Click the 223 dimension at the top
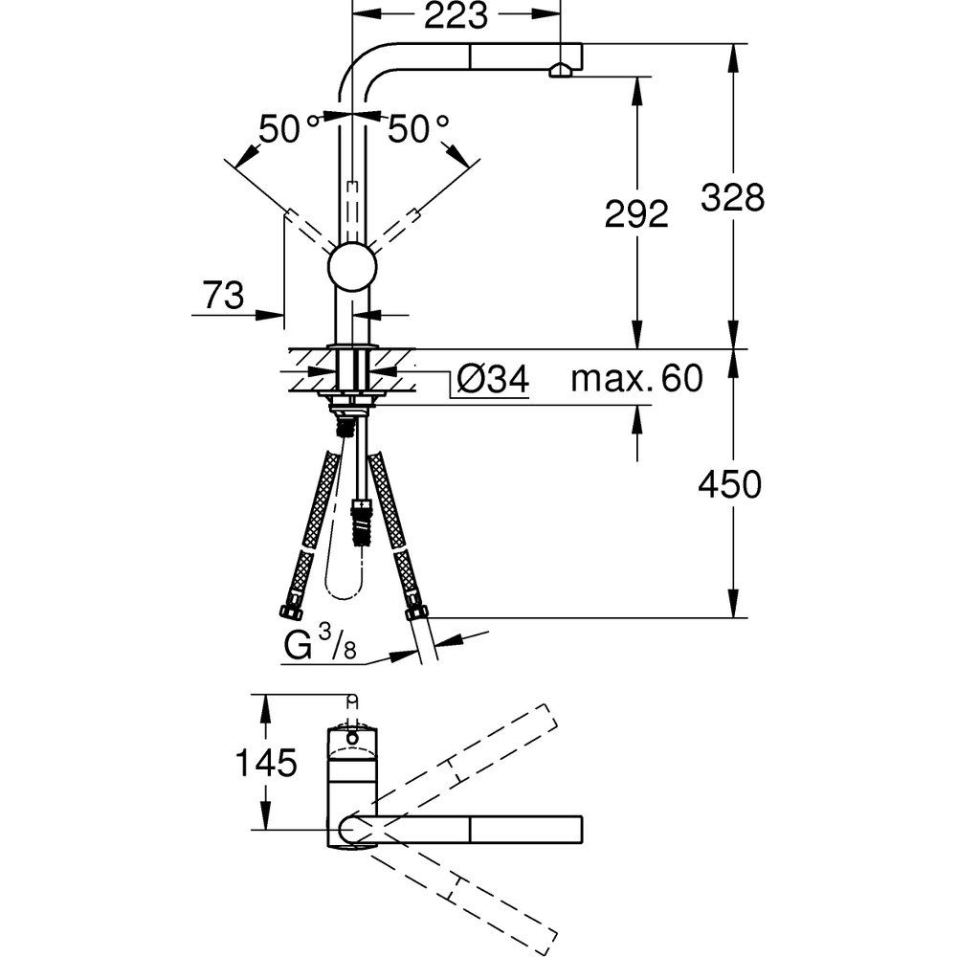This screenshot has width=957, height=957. tap(456, 15)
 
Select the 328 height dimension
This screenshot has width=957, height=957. tap(732, 197)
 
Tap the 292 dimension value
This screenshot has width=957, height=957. tap(636, 214)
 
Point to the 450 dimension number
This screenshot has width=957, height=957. tap(730, 484)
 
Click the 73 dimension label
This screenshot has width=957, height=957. tap(223, 296)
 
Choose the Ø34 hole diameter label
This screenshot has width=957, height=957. tap(493, 380)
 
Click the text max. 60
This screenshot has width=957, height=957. tap(636, 378)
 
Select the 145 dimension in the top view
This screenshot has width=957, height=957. tap(266, 763)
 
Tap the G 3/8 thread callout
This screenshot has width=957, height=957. tap(320, 645)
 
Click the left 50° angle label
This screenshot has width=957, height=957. tap(289, 128)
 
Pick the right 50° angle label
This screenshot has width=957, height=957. tap(419, 128)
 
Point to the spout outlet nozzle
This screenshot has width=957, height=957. tap(560, 71)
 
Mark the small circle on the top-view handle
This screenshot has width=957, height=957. tap(352, 739)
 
